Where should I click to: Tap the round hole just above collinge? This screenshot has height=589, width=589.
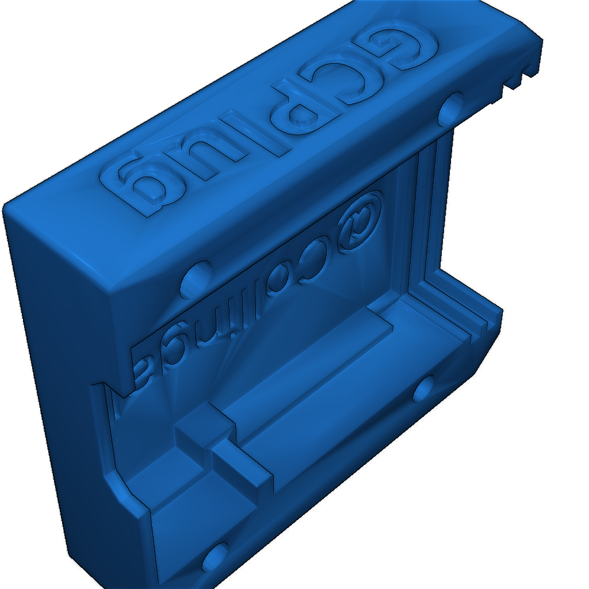[x=196, y=278]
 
